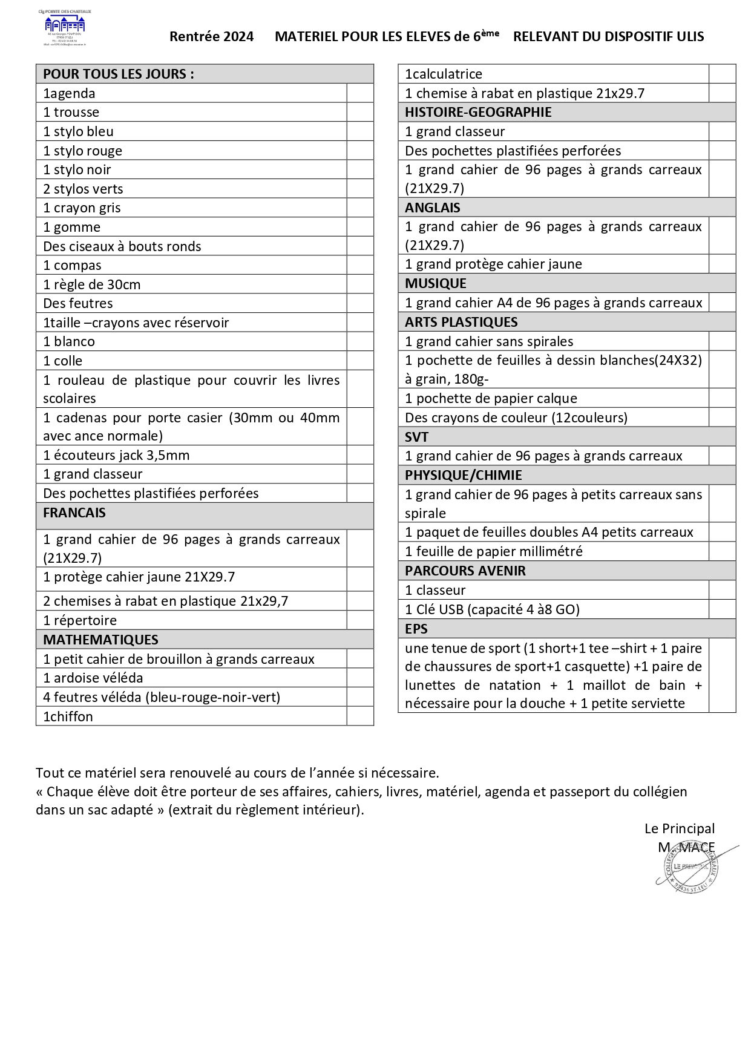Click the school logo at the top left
point(65,27)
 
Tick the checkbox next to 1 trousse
point(360,112)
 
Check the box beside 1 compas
point(360,265)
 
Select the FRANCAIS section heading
point(74,513)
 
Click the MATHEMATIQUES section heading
point(100,640)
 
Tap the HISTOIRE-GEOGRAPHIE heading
point(478,112)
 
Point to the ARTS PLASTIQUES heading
point(461,322)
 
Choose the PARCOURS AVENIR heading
point(465,571)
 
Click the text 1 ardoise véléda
point(93,678)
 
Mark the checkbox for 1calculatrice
point(722,74)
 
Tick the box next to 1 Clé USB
point(722,609)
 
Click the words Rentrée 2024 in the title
point(211,37)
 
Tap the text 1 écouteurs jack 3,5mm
point(116,455)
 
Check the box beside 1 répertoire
point(360,620)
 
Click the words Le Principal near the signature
point(679,828)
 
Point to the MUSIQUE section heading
point(436,283)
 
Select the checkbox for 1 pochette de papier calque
point(722,398)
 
